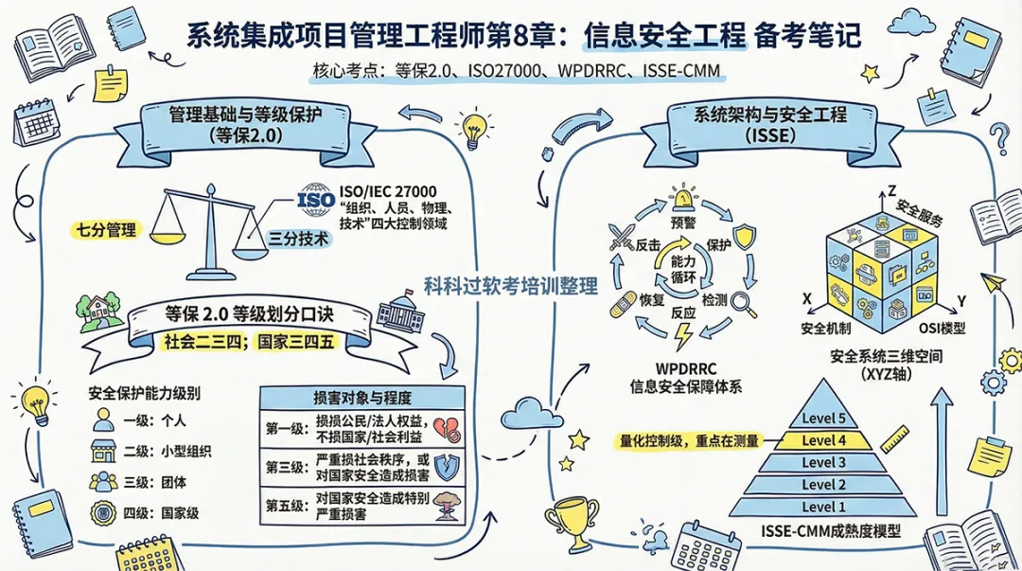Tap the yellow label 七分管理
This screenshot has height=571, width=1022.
pyautogui.click(x=107, y=229)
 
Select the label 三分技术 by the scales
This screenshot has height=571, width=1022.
pyautogui.click(x=300, y=241)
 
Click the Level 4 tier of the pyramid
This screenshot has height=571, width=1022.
pyautogui.click(x=823, y=440)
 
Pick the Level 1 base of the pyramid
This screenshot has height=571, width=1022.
pyautogui.click(x=823, y=508)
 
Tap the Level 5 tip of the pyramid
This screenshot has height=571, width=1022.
pyautogui.click(x=823, y=419)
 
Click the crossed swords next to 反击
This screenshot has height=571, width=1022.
pyautogui.click(x=620, y=235)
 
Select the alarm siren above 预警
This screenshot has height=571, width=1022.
pyautogui.click(x=682, y=198)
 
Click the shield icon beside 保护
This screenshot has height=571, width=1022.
pyautogui.click(x=745, y=235)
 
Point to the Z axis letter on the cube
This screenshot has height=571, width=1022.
pyautogui.click(x=891, y=190)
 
